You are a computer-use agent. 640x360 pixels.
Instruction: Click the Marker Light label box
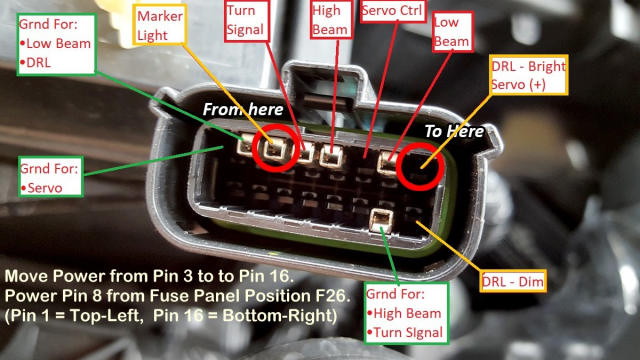(x=159, y=24)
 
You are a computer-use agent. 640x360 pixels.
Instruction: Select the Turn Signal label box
(x=247, y=20)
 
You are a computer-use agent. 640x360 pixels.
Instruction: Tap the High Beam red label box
(x=331, y=20)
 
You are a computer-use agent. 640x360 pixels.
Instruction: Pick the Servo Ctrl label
(x=392, y=10)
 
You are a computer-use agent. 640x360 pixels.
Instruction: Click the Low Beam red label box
(x=453, y=31)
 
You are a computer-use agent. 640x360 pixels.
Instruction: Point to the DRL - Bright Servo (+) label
(x=529, y=75)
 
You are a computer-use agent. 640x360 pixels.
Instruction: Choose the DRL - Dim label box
(x=513, y=281)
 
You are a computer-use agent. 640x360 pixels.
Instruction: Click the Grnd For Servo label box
(x=51, y=177)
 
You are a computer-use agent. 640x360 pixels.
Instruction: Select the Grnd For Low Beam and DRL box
(x=57, y=44)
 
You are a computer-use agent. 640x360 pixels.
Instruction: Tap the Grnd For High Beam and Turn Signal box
(x=406, y=313)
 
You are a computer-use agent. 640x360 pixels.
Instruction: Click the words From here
(x=243, y=109)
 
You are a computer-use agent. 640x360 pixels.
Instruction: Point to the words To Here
(x=454, y=131)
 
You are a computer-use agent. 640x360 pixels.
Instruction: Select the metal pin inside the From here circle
(x=274, y=150)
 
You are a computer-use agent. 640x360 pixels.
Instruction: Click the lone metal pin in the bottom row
(x=381, y=221)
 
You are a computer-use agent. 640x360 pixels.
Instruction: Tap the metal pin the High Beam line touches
(x=331, y=156)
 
